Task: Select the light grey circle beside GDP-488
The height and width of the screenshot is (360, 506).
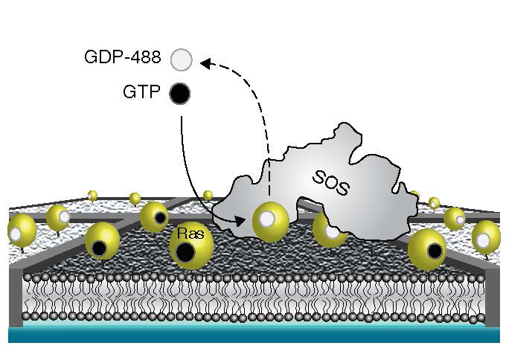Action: [x=180, y=58]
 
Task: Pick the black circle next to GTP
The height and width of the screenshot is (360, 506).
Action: [x=180, y=94]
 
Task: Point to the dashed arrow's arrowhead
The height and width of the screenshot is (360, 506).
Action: [x=206, y=64]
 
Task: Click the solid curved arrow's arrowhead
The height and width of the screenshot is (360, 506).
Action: [x=239, y=220]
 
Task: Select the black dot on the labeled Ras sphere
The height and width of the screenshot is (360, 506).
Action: [x=188, y=253]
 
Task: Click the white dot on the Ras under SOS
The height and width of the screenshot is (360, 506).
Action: [x=269, y=220]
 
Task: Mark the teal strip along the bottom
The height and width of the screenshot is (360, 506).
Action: [x=253, y=335]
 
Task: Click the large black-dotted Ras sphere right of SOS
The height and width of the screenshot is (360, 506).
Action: [x=427, y=249]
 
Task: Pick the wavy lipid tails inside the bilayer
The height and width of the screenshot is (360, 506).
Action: [x=253, y=297]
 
